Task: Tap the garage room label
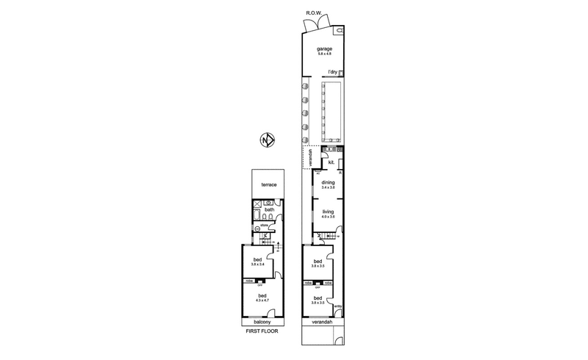(x=324, y=49)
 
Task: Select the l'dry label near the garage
(x=333, y=73)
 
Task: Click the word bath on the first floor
(x=270, y=210)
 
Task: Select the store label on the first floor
(x=265, y=226)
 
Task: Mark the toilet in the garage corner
(x=340, y=32)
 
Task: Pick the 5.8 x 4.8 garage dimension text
(x=324, y=54)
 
